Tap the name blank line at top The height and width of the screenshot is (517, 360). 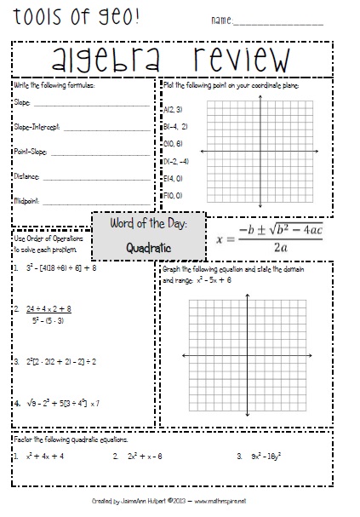pos(289,23)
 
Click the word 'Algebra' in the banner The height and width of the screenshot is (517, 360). pos(111,59)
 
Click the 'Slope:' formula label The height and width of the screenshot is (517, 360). pos(23,102)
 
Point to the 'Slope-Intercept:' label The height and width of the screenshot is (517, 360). pos(37,127)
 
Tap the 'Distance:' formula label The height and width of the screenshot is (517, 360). pos(26,176)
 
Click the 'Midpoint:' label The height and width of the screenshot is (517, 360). pos(27,201)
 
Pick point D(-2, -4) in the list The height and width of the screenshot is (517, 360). pos(175,161)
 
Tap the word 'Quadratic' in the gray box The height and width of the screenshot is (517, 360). pos(148,249)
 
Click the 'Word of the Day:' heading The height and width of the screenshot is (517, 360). pos(148,224)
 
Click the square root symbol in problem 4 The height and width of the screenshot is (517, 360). pos(30,402)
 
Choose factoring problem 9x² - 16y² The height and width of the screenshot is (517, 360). pos(270,456)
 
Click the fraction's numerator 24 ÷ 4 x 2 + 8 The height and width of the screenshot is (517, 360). pos(48,308)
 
